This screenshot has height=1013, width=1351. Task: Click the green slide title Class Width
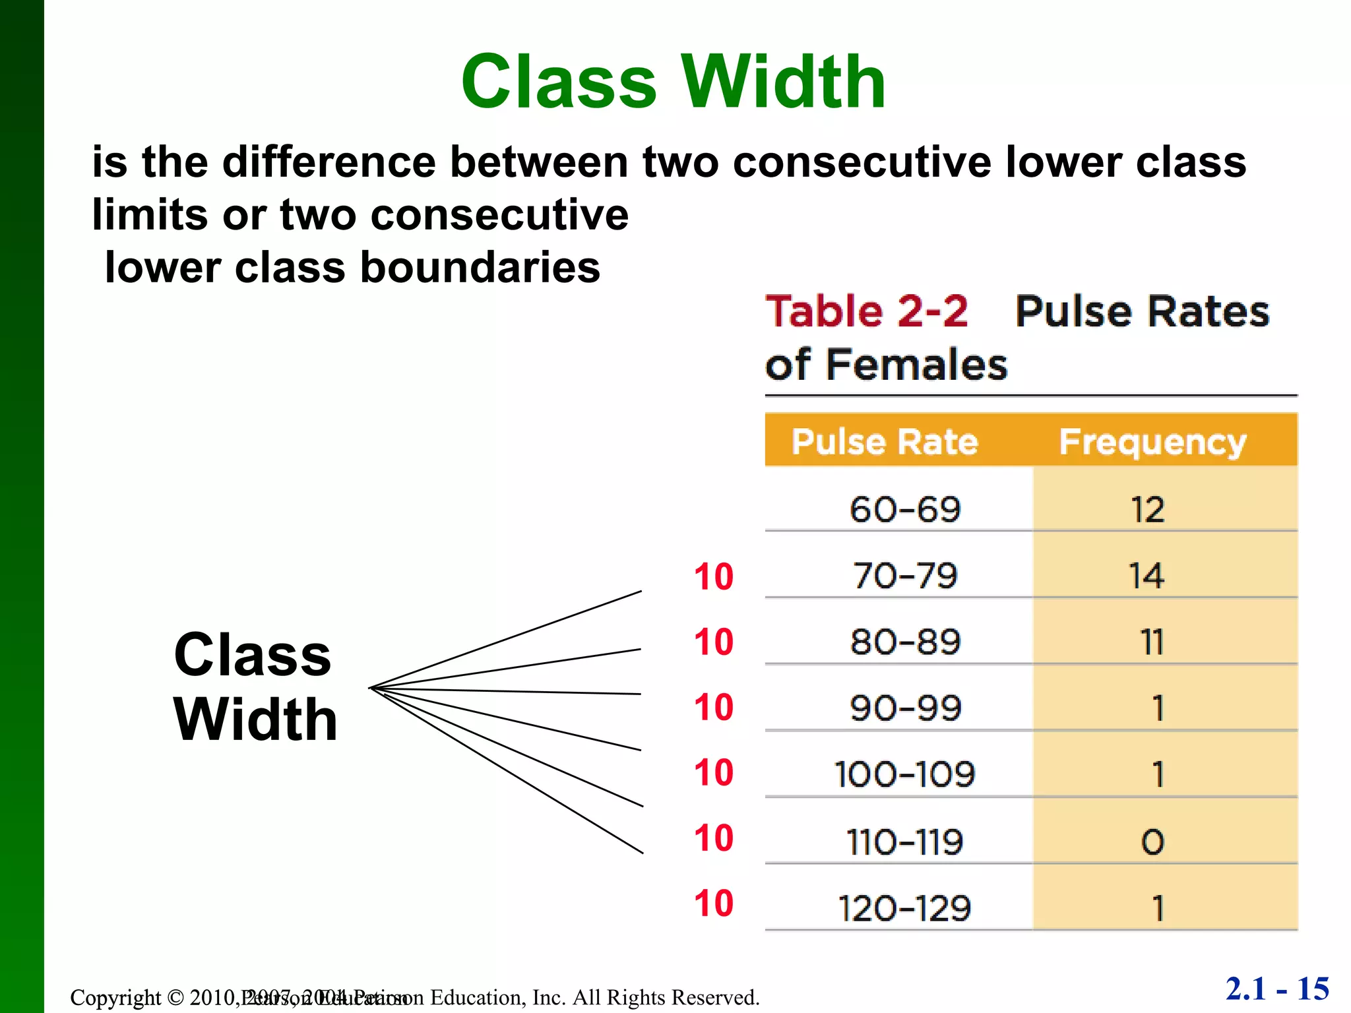coord(673,82)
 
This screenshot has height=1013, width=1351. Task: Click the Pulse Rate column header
coord(884,441)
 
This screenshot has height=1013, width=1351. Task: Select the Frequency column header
coord(1152,441)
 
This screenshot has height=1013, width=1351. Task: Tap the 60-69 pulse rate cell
coord(904,510)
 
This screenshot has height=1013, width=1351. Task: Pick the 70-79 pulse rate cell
coord(904,576)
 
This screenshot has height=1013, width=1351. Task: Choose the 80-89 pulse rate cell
coord(904,642)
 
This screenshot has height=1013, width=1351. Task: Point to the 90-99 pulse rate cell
coord(904,708)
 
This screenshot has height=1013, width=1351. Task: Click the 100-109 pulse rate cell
coord(904,774)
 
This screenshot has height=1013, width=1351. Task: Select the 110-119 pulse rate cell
coord(904,842)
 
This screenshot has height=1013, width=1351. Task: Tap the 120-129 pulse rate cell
coord(904,908)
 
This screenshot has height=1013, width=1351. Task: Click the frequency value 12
coord(1148,510)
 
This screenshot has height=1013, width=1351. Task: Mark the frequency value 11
coord(1152,642)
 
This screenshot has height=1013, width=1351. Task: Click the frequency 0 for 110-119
coord(1152,842)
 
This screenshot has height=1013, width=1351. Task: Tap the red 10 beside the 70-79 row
coord(713,577)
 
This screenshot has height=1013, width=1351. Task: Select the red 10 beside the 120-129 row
coord(713,904)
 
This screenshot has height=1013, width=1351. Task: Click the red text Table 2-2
coord(866,311)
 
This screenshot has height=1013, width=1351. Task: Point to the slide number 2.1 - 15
coord(1277,989)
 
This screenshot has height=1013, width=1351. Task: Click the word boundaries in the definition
coord(480,268)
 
